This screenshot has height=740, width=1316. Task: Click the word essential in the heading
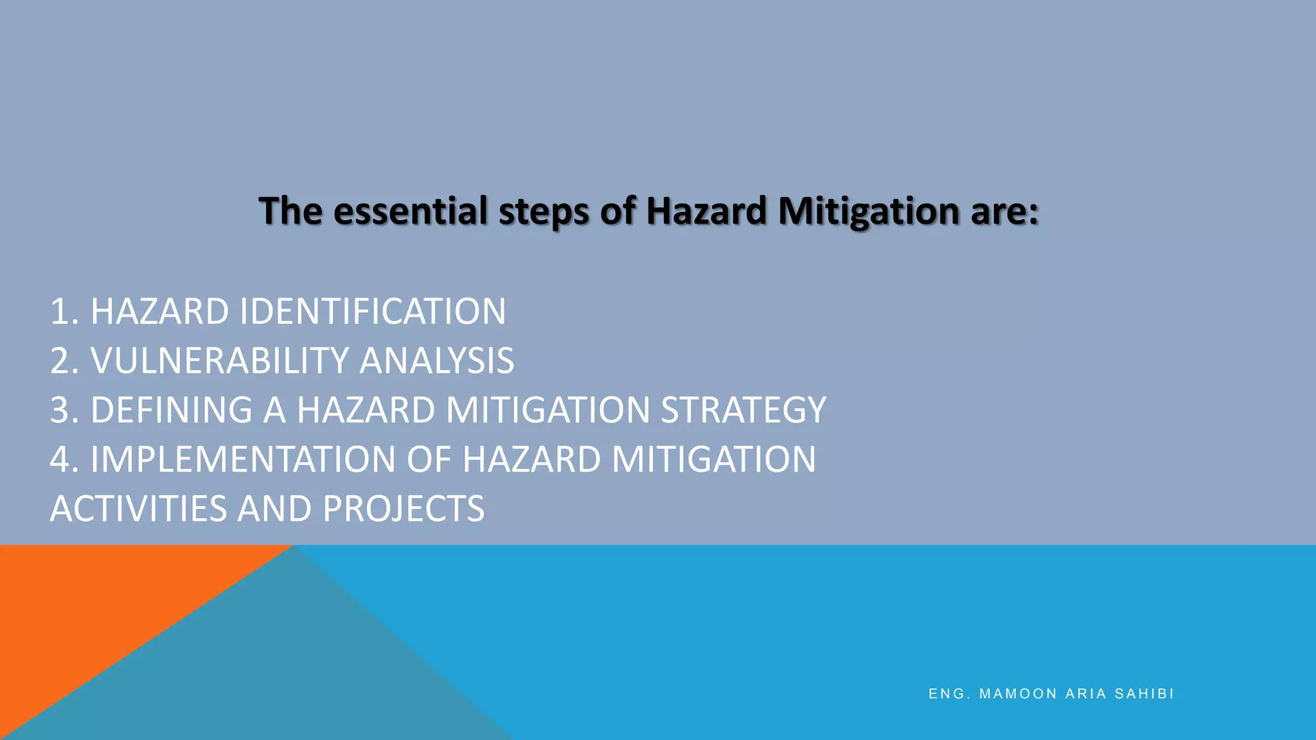coord(411,211)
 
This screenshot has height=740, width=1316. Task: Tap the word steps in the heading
coord(544,212)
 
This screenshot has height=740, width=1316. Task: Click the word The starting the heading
coord(290,211)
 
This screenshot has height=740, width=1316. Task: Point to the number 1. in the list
coord(64,312)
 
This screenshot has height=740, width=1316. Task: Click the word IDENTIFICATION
coord(372,312)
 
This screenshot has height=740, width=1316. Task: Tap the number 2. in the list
coord(64,361)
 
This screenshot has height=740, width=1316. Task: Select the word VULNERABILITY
coord(219,361)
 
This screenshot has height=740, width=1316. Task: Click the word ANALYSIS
coord(436,361)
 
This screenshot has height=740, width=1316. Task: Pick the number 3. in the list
coord(64,410)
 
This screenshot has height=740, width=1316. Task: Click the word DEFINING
coord(172,410)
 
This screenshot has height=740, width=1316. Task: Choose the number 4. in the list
coord(64,459)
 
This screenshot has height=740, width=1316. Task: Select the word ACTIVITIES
coord(138,509)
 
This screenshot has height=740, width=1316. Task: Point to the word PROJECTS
coord(404,509)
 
